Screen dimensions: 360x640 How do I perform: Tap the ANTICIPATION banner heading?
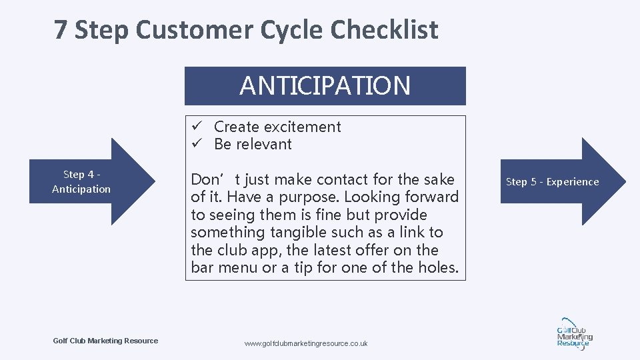325,86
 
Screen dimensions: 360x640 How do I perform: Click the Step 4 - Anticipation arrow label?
81,181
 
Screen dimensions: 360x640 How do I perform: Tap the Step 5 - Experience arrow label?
552,181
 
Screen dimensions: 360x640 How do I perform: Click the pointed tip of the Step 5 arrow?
625,181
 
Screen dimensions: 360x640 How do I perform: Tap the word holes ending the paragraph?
439,268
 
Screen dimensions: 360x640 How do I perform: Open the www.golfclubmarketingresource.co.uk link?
306,343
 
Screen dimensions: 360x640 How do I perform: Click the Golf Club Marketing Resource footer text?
105,341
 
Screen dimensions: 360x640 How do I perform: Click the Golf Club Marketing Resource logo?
573,333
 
